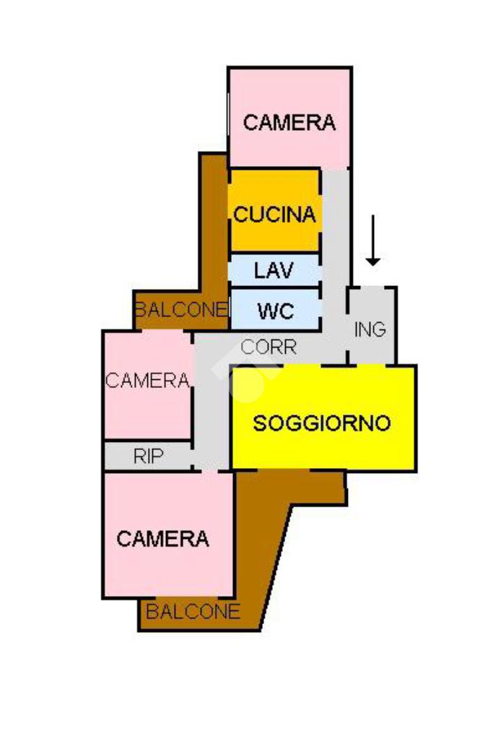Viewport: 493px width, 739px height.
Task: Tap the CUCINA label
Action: [275, 215]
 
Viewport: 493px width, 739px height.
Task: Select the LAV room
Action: [274, 270]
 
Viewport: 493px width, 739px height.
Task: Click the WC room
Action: [275, 311]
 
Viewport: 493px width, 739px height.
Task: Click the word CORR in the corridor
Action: [269, 347]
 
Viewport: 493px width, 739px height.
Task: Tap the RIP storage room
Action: [148, 456]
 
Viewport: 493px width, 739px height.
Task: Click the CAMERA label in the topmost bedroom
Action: [289, 122]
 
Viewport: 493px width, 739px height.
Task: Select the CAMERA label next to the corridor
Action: [148, 380]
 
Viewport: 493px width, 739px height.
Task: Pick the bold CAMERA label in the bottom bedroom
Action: [163, 538]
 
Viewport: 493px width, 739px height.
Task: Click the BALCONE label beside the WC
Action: [180, 310]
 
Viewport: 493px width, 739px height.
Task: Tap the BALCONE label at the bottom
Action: [193, 612]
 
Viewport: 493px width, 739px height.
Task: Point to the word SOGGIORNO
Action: [322, 423]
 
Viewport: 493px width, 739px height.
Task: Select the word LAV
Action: [274, 270]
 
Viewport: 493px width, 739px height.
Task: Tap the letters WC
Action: [275, 311]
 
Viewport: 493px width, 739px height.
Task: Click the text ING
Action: [371, 329]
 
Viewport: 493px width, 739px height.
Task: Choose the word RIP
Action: [148, 456]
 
